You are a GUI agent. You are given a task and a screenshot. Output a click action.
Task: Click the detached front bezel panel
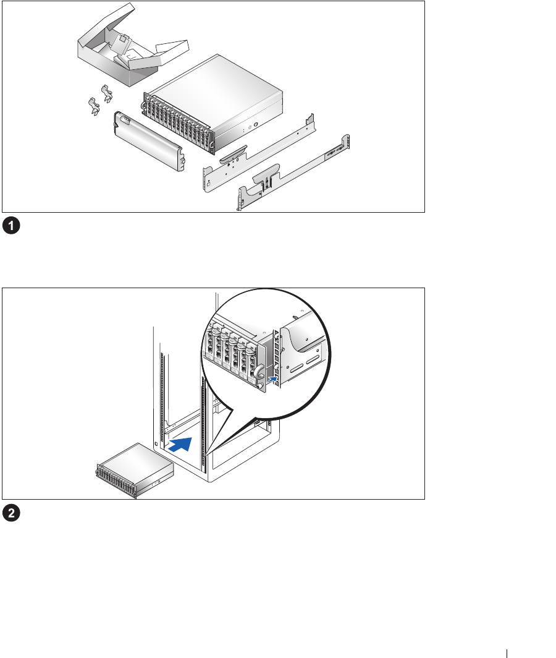(x=148, y=139)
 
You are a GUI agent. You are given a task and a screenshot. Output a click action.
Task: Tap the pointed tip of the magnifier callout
(x=207, y=455)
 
